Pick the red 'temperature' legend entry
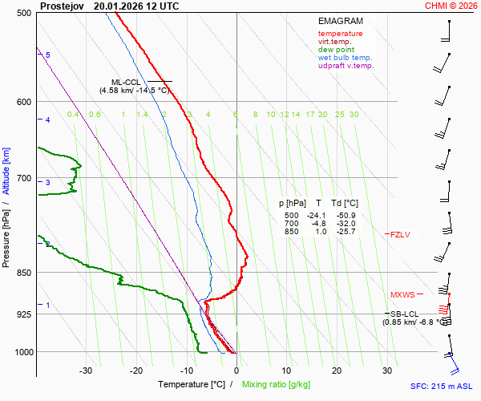340,34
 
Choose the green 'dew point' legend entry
336,50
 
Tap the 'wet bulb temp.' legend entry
345,58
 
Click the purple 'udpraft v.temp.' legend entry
346,66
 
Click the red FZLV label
400,234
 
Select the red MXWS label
403,294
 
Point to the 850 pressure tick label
22,273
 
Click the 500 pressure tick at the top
22,14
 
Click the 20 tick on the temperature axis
336,370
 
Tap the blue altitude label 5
47,55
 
